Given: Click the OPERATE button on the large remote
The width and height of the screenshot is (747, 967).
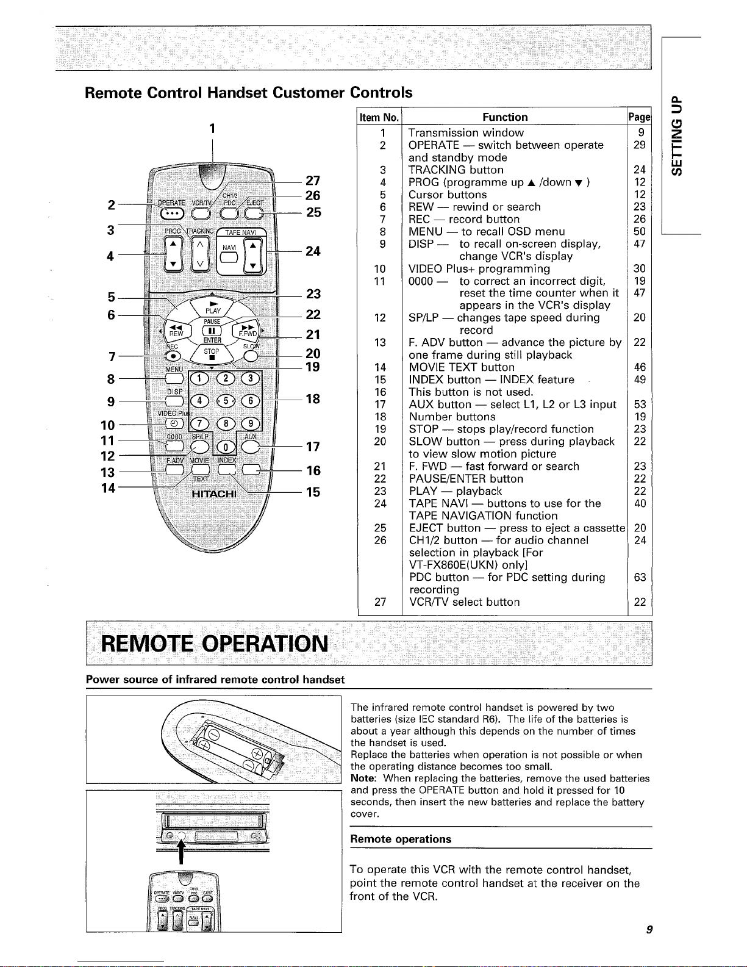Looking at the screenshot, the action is tap(172, 214).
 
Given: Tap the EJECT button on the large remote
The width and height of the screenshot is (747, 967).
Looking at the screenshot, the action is tap(254, 214).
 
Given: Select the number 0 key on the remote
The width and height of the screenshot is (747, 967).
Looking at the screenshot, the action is tap(226, 447).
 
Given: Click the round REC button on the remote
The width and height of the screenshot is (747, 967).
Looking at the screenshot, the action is tap(173, 356).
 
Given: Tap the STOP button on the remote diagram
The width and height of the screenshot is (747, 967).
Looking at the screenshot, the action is tap(212, 354).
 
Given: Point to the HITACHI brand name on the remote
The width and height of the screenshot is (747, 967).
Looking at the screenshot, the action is tap(214, 494).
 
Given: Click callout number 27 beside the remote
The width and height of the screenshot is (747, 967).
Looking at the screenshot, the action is tap(313, 180).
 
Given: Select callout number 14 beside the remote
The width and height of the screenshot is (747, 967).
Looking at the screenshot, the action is tap(108, 488).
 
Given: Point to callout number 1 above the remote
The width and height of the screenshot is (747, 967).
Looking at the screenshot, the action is tap(213, 128).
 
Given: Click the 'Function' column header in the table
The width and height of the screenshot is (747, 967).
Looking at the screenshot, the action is tap(505, 117).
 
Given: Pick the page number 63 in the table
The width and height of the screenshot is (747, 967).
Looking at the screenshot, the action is tap(640, 577).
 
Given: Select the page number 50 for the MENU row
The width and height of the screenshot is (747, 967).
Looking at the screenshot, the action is tap(640, 231).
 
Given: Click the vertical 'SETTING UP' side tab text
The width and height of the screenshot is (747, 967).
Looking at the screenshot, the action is tap(676, 135).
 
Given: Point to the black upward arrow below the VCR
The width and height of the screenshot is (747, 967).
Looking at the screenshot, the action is tap(181, 852).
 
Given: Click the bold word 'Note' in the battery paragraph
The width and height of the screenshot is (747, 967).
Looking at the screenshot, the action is tap(363, 778).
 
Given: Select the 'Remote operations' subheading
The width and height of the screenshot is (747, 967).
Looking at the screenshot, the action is tap(401, 839).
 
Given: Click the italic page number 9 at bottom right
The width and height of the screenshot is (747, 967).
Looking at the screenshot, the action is tap(649, 929).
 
